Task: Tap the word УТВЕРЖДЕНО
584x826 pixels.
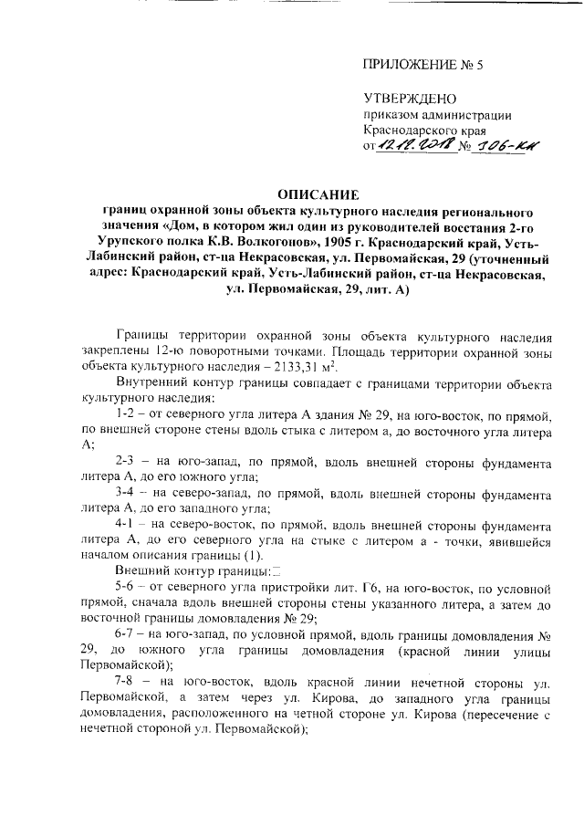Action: coord(409,99)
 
